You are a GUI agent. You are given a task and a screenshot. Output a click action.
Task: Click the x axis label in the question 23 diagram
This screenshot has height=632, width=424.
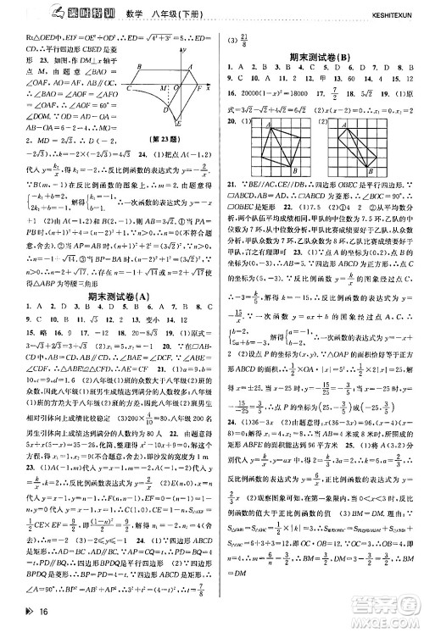[x=208, y=86]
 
